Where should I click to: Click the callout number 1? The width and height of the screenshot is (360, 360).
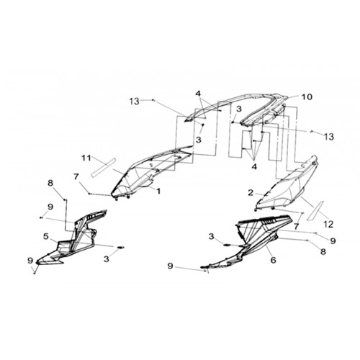coord(158,191)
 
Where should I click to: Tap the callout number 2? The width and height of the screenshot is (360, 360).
coord(251,192)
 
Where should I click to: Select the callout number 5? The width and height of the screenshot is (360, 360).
coord(46,236)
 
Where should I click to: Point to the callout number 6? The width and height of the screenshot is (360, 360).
coord(274,260)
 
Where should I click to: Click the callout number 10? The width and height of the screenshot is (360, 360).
coord(307,96)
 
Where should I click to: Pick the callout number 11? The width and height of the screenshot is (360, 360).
coord(86,158)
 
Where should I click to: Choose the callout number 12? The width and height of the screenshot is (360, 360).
coord(328,225)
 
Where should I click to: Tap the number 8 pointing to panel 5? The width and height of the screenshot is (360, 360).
coord(50,184)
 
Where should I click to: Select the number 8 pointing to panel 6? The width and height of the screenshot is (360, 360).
coord(323,251)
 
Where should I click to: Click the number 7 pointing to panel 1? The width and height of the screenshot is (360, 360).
coord(76,177)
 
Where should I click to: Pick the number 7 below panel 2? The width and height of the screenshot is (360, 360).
coord(297,226)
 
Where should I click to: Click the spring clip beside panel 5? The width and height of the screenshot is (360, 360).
coord(121,248)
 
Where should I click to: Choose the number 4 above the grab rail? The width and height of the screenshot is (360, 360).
coord(198,94)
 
